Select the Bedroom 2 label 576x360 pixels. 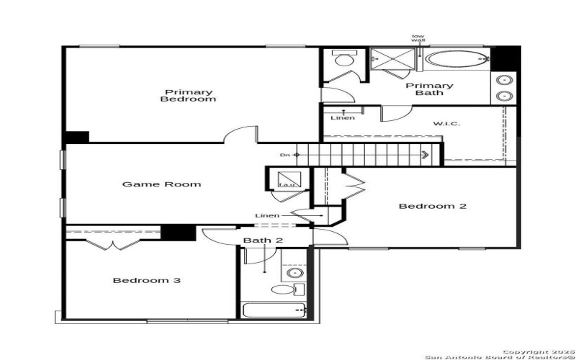pyautogui.click(x=433, y=206)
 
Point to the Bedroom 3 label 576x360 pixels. pyautogui.click(x=146, y=280)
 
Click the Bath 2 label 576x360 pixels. pyautogui.click(x=257, y=240)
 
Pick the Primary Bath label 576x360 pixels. pyautogui.click(x=429, y=89)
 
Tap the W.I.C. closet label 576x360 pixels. pyautogui.click(x=446, y=124)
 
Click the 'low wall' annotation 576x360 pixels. pyautogui.click(x=418, y=39)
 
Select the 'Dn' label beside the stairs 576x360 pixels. pyautogui.click(x=285, y=154)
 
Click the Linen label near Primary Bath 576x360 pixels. pyautogui.click(x=342, y=117)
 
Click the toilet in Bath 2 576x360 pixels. pyautogui.click(x=284, y=290)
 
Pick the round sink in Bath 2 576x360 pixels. pyautogui.click(x=294, y=273)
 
